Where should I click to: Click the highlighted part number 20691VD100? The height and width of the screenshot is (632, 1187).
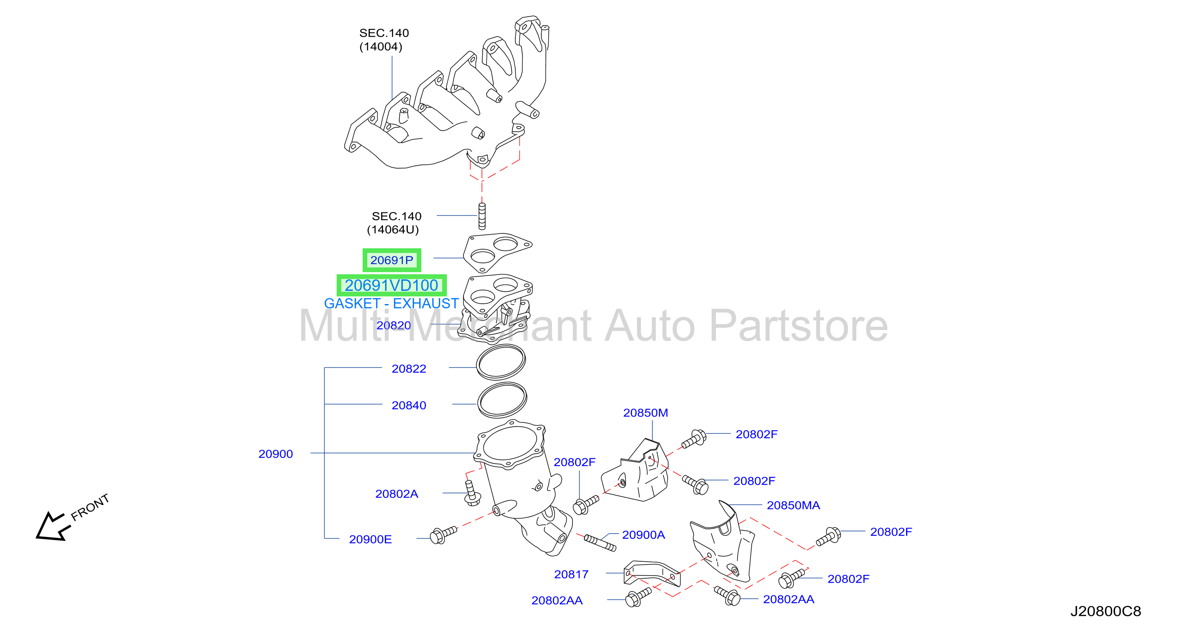391,285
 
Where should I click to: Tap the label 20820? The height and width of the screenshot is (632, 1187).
394,325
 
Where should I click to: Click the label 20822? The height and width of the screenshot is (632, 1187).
409,369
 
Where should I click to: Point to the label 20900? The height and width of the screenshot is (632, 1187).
275,454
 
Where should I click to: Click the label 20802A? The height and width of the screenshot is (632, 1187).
397,494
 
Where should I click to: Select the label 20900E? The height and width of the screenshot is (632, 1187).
370,539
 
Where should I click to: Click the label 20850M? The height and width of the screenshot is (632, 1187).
646,413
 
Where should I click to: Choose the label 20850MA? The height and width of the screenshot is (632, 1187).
793,505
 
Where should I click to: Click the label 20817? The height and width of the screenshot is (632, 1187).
572,575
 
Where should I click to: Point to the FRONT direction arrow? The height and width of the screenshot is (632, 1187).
51,527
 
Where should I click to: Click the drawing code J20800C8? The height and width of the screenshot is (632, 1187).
1105,611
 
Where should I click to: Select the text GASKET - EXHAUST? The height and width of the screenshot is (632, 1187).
391,303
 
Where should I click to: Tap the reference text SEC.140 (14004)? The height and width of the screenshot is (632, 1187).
384,40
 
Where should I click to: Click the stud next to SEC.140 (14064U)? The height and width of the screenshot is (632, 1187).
482,216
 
